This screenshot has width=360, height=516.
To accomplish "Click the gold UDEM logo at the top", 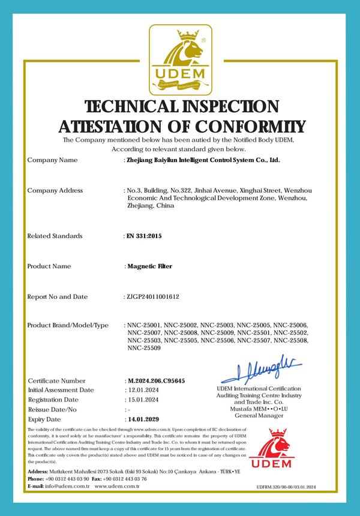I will click(x=180, y=60).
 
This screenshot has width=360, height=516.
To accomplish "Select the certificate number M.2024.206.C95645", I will click(x=155, y=381).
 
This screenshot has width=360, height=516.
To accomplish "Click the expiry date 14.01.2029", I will click(x=145, y=419).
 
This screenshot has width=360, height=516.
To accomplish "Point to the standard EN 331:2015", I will click(x=144, y=236).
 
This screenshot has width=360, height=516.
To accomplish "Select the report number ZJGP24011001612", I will click(x=154, y=296).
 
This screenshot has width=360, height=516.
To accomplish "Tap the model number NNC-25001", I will click(x=144, y=325).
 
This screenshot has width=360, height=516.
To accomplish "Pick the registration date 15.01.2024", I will click(x=145, y=400).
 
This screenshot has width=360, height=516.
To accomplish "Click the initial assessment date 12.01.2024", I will click(x=145, y=390).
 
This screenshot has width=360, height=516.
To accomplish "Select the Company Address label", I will click(x=55, y=191).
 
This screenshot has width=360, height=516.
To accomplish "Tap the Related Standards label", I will click(x=55, y=236).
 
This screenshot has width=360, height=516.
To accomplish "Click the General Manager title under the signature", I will click(x=259, y=415).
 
